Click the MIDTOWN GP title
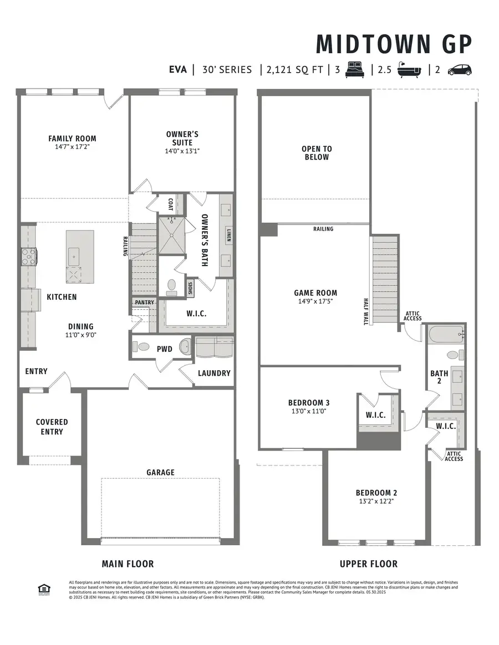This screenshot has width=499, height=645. pyautogui.click(x=394, y=44)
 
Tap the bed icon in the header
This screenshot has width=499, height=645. pyautogui.click(x=354, y=70)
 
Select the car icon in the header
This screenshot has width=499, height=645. pyautogui.click(x=459, y=70)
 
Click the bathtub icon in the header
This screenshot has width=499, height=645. pyautogui.click(x=410, y=70)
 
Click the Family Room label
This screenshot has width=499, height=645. pyautogui.click(x=72, y=139)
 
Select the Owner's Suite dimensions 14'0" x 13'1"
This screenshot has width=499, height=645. pyautogui.click(x=182, y=150)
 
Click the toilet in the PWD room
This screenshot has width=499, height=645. pyautogui.click(x=143, y=347)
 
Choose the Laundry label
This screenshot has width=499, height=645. pyautogui.click(x=214, y=373)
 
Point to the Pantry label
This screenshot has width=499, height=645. pyautogui.click(x=143, y=302)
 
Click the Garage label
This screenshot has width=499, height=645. pyautogui.click(x=160, y=472)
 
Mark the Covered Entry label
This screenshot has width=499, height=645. pyautogui.click(x=52, y=427)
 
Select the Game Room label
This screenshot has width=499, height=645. pyautogui.click(x=315, y=293)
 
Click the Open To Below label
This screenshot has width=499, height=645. pyautogui.click(x=317, y=152)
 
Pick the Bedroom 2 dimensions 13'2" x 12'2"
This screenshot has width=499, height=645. pyautogui.click(x=376, y=501)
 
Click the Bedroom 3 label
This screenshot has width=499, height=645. pyautogui.click(x=309, y=402)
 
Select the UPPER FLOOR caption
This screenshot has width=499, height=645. pyautogui.click(x=368, y=564)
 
